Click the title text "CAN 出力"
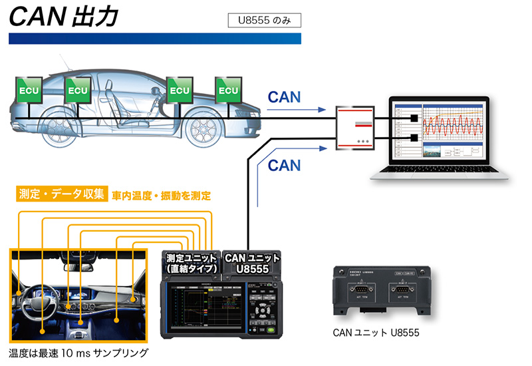[x=64, y=16]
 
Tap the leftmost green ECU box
[x=29, y=90]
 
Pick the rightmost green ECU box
[x=227, y=90]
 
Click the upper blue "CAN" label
[x=284, y=96]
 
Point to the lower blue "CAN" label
[x=284, y=164]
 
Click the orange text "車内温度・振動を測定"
[x=161, y=196]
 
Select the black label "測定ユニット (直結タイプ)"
[x=191, y=263]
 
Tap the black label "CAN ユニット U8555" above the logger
[x=252, y=262]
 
